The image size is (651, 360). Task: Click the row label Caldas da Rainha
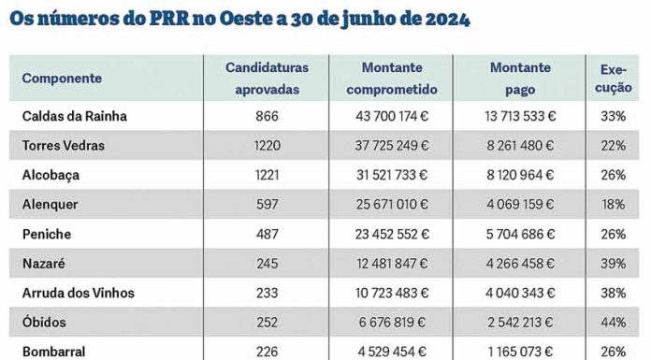74,116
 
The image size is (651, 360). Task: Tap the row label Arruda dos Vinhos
78,293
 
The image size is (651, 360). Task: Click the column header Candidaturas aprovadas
267,78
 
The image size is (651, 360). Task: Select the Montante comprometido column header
391,78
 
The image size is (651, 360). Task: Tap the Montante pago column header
519,78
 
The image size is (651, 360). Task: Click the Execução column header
614,78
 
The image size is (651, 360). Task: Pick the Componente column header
62,79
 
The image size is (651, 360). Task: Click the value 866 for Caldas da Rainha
267,116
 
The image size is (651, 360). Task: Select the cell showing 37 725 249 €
391,146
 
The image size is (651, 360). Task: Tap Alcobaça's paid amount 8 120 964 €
520,175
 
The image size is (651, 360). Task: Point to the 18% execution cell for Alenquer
614,204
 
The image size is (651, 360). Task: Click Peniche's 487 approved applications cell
267,234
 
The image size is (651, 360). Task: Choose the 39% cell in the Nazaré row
614,264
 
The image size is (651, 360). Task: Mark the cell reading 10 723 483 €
391,293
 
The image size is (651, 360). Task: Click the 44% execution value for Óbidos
614,322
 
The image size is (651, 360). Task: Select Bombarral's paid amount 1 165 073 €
520,352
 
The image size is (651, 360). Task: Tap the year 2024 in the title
439,18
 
